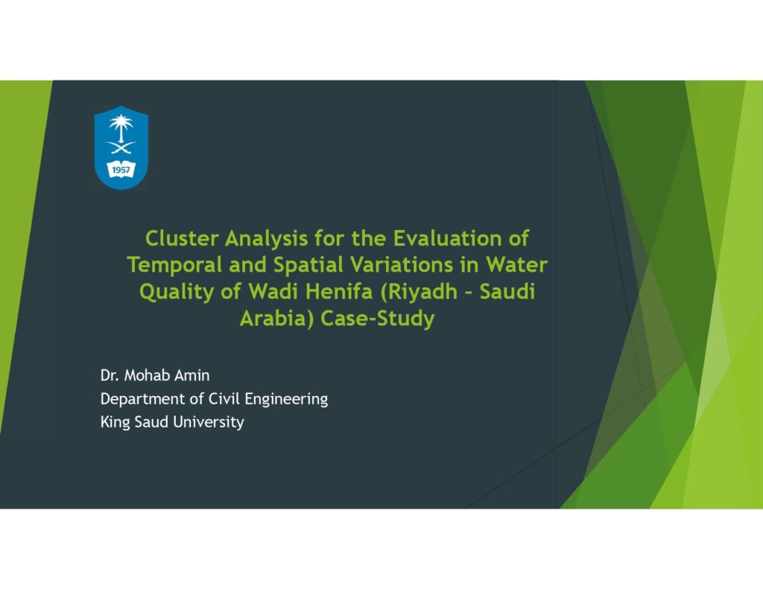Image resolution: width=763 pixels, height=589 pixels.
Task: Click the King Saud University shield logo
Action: click(121, 147)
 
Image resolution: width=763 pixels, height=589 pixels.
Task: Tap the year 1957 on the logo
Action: click(121, 170)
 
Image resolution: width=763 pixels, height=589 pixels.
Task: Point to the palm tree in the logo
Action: click(121, 127)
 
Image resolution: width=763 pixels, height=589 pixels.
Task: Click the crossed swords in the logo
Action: click(121, 147)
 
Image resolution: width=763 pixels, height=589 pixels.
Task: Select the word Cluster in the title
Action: click(182, 238)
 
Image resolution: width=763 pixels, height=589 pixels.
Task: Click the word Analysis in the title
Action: click(266, 239)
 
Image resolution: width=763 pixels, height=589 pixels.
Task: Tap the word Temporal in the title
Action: click(174, 266)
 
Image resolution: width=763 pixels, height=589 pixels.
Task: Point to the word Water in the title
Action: click(517, 264)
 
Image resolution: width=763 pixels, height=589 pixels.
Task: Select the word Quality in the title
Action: click(177, 293)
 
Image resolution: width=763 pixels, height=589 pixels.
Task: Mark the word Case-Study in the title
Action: click(378, 319)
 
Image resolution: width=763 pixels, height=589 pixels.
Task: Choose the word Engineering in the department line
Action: click(286, 400)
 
